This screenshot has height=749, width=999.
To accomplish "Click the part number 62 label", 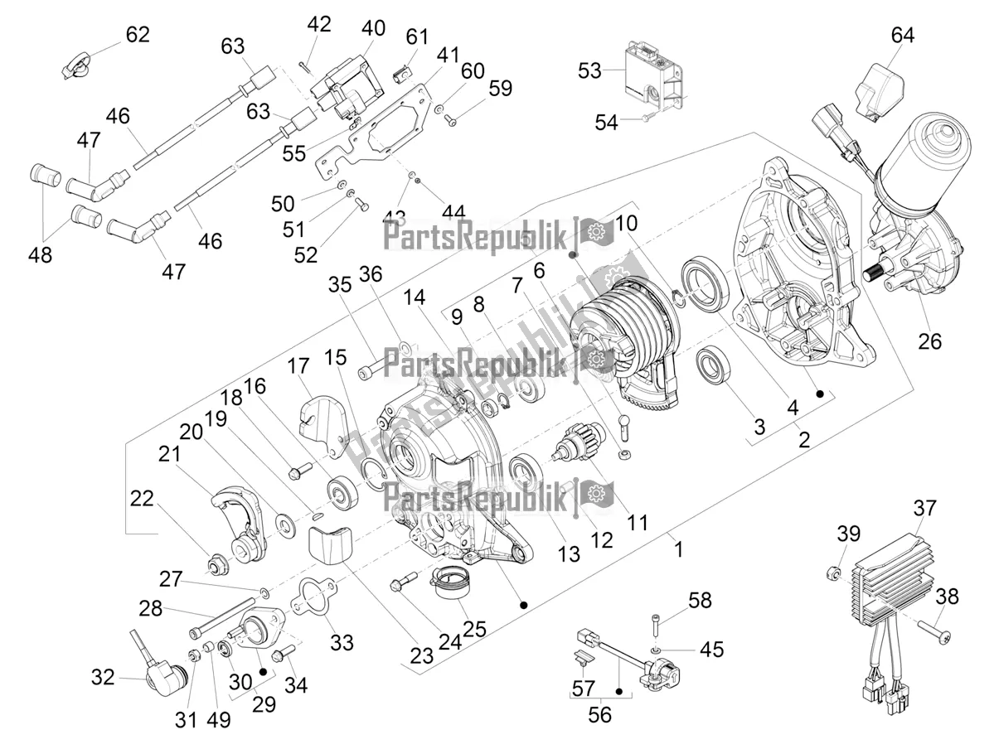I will (138, 34).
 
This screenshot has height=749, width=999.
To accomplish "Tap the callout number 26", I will (930, 340).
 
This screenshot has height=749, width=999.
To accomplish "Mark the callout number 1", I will (679, 548).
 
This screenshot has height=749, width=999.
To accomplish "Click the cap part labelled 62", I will (78, 65).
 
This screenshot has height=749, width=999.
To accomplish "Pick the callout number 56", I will (599, 715).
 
